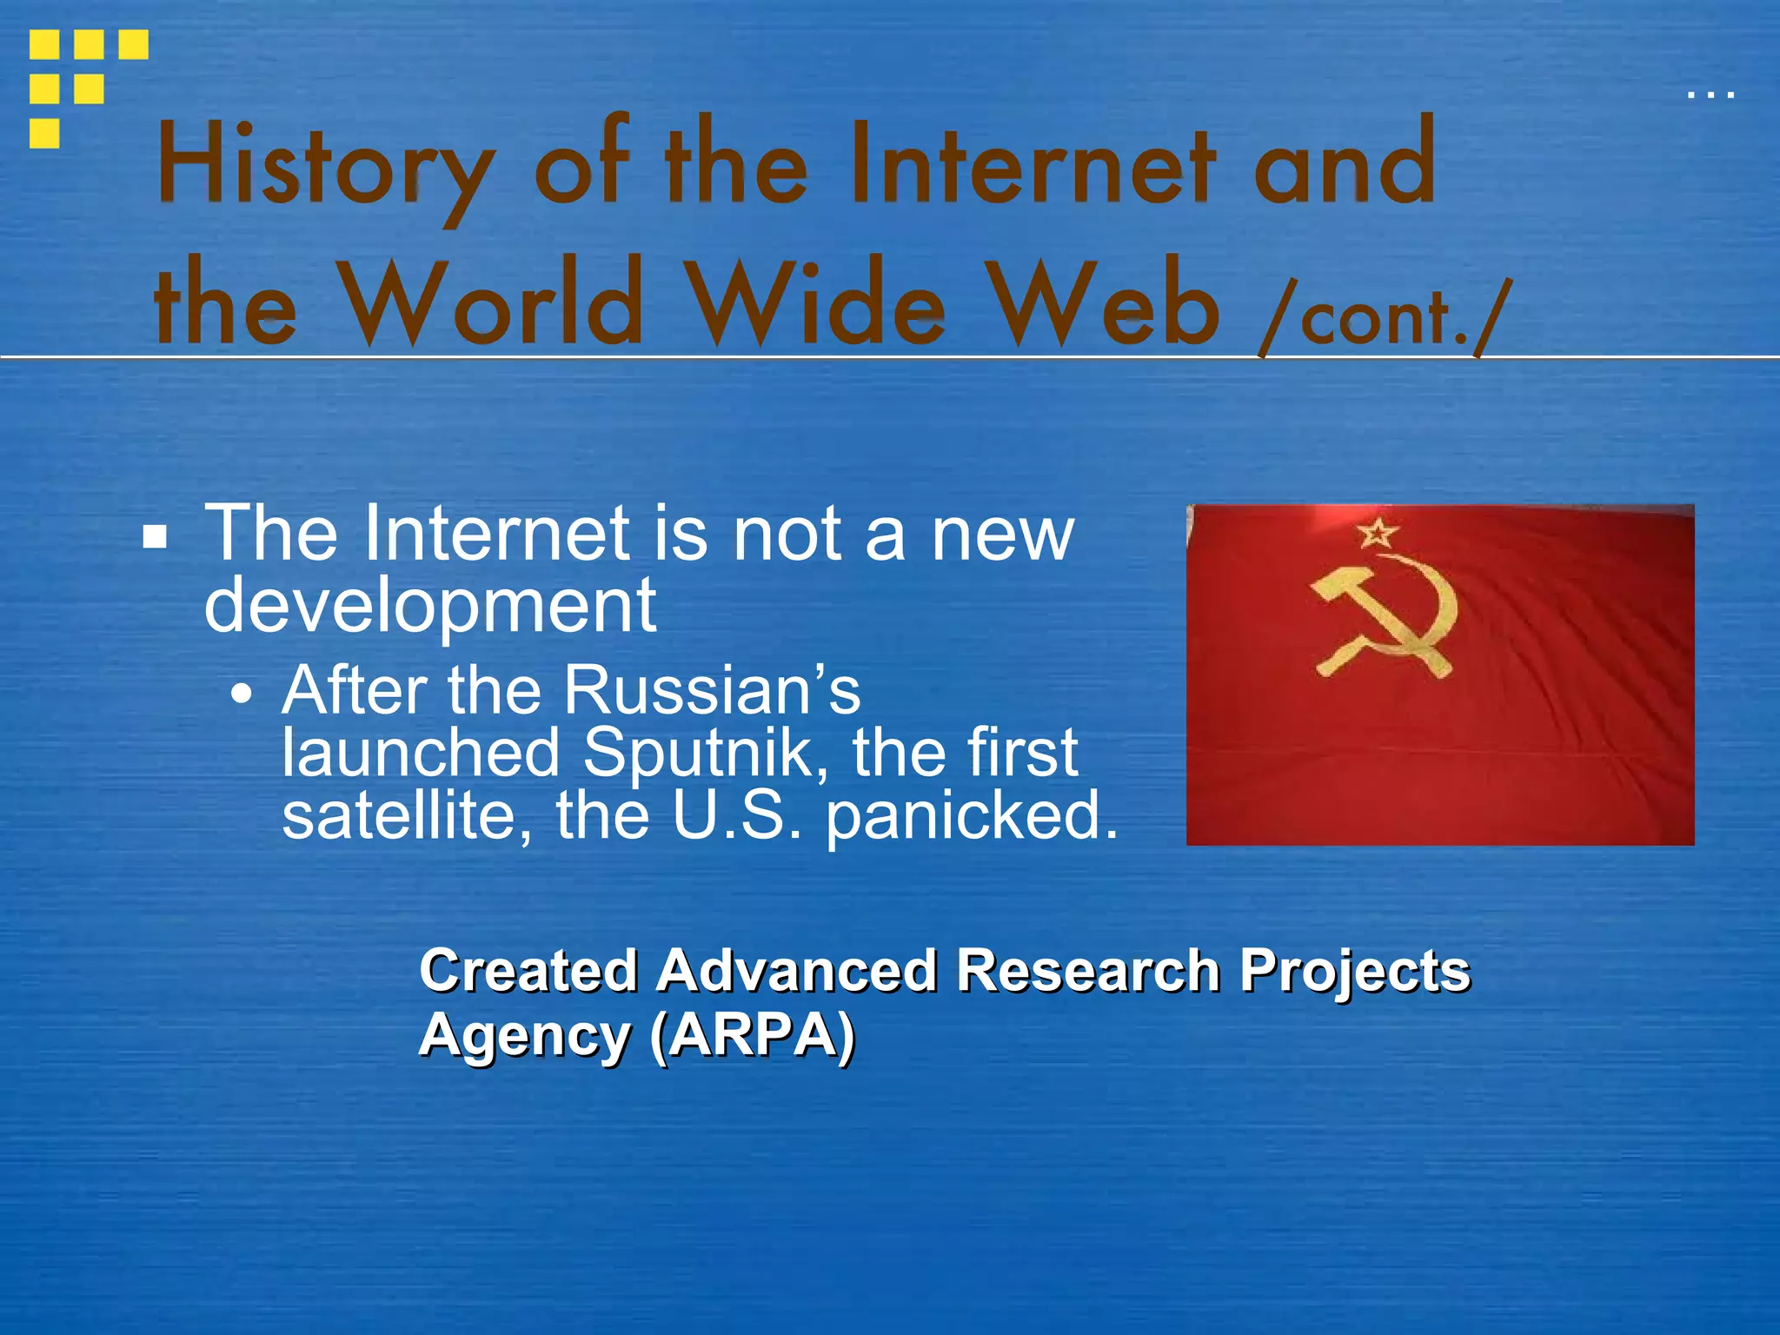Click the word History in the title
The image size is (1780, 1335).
click(x=326, y=167)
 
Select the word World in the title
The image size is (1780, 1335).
click(x=491, y=304)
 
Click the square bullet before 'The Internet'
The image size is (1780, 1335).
click(x=155, y=537)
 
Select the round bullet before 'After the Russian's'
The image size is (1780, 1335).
click(x=242, y=694)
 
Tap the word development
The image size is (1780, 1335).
click(x=429, y=606)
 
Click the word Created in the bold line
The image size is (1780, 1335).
click(x=528, y=970)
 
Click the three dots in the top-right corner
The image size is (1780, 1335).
click(x=1710, y=94)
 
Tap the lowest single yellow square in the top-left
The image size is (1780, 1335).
click(x=44, y=133)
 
